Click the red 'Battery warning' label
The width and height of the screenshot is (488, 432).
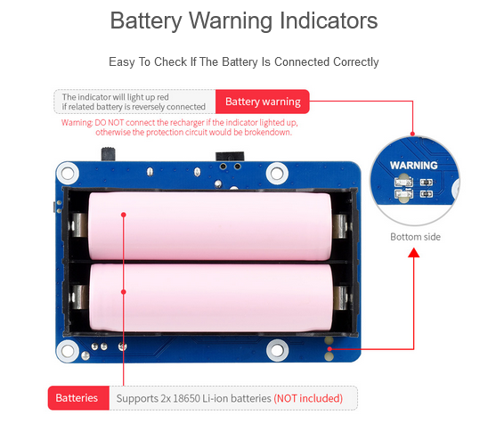[263, 102]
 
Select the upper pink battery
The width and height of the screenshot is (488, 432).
[210, 226]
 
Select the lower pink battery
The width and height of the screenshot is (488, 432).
[211, 298]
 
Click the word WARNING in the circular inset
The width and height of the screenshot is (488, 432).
[413, 166]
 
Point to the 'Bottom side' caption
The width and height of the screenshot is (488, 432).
[415, 237]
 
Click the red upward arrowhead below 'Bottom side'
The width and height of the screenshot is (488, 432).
[413, 252]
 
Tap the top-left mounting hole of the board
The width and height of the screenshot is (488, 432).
[68, 173]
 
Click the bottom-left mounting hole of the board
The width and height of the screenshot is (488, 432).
[68, 351]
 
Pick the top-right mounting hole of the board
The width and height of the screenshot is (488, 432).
[277, 173]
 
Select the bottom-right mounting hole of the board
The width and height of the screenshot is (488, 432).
[277, 350]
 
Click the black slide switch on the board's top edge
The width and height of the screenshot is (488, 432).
[108, 154]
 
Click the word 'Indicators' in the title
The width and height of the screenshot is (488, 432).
[329, 20]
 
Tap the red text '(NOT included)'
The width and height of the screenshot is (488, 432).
[308, 398]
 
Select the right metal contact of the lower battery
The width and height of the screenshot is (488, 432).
[340, 298]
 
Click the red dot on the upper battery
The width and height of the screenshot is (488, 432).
[124, 215]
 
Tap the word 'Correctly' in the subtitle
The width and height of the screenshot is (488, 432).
[355, 62]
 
